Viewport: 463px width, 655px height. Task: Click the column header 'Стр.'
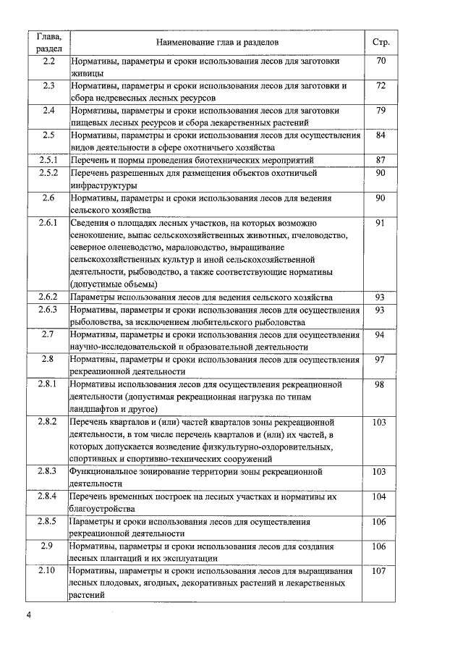coord(381,42)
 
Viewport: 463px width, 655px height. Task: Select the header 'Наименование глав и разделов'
coord(216,42)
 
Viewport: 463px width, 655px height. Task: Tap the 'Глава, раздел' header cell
coord(48,42)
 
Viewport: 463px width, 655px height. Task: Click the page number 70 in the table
coord(381,62)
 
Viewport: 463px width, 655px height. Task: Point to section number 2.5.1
coord(48,160)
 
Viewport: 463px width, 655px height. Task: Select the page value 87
coord(381,160)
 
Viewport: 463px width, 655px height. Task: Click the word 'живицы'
coord(87,73)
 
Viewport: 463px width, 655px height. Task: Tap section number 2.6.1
coord(48,223)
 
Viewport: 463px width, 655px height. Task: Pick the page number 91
coord(381,223)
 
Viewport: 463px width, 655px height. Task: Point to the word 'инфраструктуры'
coord(106,185)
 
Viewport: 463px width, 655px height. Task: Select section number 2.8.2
coord(48,421)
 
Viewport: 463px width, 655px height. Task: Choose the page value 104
coord(381,496)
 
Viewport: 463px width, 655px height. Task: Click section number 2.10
coord(48,571)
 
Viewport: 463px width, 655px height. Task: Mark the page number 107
coord(381,571)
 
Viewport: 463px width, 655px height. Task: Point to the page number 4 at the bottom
coord(28,615)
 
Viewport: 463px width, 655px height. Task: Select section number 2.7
coord(48,334)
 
